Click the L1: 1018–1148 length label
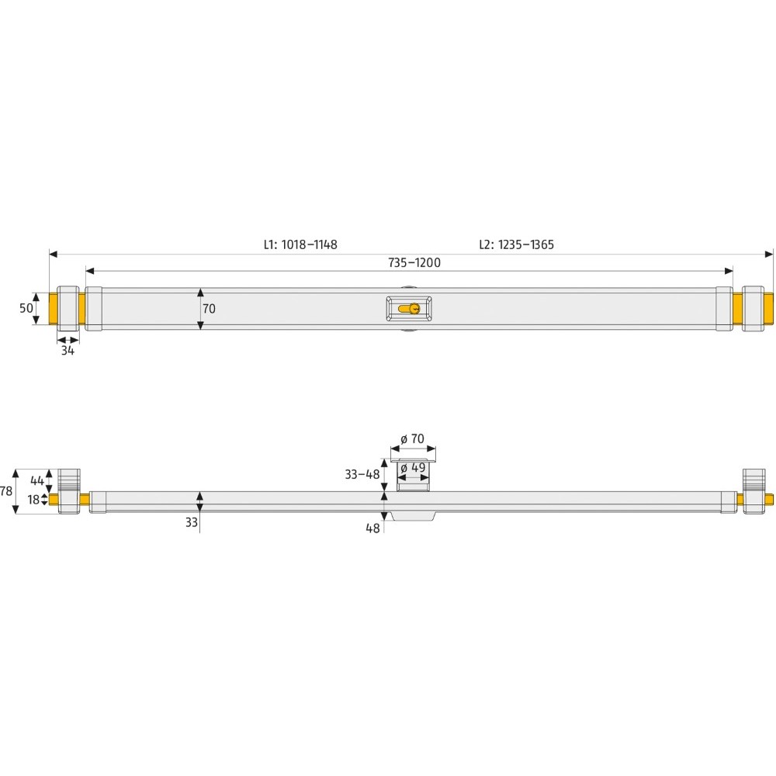pos(300,244)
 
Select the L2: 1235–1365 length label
pos(516,244)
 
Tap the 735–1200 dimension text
pos(414,263)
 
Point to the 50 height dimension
pos(26,308)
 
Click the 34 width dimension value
pos(68,351)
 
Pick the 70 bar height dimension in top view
pos(209,308)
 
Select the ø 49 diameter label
pos(414,468)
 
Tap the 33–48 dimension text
pos(362,474)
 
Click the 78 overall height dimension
pos(6,490)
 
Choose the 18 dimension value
pos(33,500)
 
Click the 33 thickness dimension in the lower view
pos(191,523)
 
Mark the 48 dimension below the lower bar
pos(372,528)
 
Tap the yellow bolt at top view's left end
pos(54,308)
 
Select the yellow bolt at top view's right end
pos(769,308)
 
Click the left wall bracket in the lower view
pos(70,490)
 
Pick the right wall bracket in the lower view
pos(753,490)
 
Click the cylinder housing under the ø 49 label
pos(413,483)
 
